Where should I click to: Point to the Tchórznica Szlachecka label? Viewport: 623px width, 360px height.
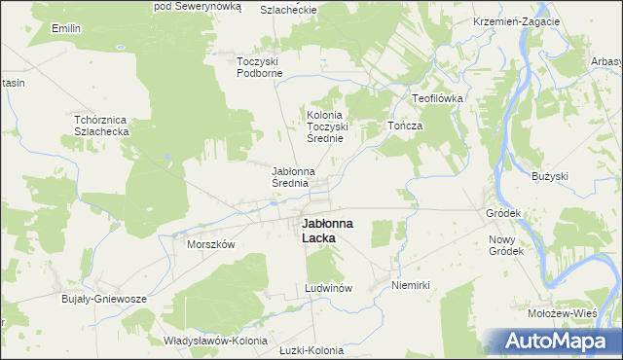(109, 126)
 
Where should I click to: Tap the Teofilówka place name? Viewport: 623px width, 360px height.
(438, 99)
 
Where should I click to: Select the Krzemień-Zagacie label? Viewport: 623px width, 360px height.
(516, 21)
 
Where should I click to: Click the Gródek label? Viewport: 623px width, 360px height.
(504, 212)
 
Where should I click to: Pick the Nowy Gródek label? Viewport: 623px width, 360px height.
(506, 244)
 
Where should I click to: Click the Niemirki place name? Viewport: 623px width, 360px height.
(410, 285)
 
